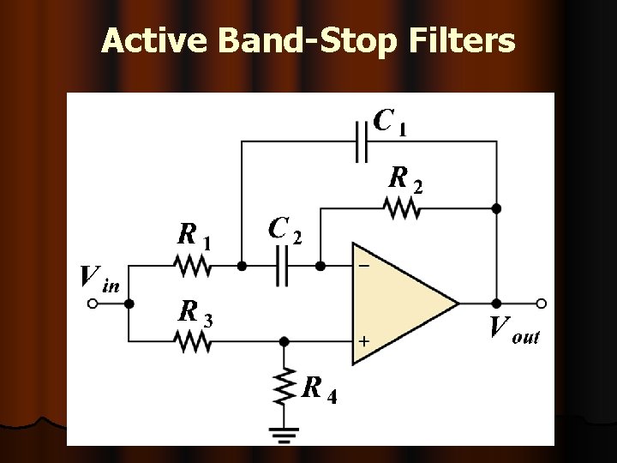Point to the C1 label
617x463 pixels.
coord(390,122)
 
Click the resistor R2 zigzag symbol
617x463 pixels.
coord(404,207)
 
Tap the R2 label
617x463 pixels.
coord(405,179)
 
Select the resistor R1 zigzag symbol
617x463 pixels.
coord(193,267)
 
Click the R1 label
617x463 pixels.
coord(194,235)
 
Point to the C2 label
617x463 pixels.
coord(285,230)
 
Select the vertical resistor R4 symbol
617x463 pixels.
coord(284,388)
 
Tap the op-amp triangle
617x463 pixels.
coord(398,303)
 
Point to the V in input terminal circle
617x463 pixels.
coord(93,303)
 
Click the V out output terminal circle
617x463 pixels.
coord(541,303)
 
